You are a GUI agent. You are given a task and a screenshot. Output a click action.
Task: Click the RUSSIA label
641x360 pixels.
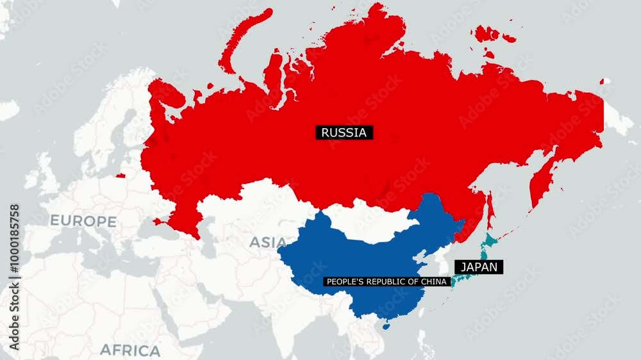pos(344,133)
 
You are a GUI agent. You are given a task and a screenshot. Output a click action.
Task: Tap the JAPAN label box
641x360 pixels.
pos(479,266)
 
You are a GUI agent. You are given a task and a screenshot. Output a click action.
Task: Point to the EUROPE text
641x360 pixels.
pos(83,222)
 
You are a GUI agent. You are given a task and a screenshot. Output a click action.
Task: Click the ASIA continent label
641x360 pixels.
pos(268,242)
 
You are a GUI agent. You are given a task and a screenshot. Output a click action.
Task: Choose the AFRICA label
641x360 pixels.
pos(130,350)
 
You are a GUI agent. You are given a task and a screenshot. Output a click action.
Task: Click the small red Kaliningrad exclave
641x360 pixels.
pos(121,175)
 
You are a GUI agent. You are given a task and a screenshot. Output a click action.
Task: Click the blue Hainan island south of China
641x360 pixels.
pos(386,326)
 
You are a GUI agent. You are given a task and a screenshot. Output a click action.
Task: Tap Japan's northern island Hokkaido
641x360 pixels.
pos(490,241)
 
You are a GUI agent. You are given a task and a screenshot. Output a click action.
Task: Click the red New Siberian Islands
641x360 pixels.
pos(488,33)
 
